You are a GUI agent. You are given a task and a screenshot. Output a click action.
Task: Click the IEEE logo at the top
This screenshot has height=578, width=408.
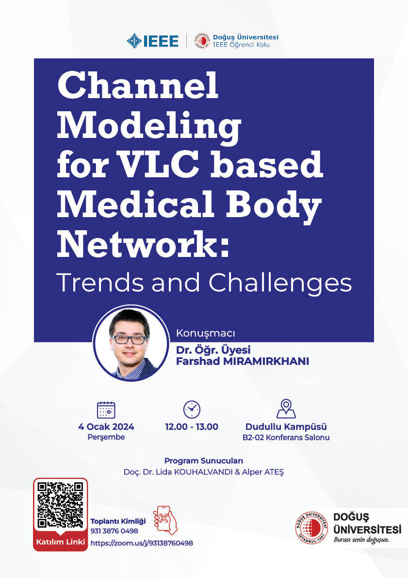click(x=153, y=41)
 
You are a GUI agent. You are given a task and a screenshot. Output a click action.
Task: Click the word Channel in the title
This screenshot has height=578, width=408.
click(x=138, y=86)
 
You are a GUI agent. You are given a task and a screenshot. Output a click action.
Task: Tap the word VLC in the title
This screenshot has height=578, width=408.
click(x=194, y=165)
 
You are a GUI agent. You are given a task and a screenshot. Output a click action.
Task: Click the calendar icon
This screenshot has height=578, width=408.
click(x=106, y=410)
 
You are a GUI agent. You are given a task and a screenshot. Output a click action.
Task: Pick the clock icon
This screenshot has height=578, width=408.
click(x=192, y=409)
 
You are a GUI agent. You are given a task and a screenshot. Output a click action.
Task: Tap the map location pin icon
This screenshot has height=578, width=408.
click(x=286, y=409)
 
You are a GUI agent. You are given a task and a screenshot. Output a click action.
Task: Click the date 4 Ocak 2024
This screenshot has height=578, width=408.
click(x=106, y=427)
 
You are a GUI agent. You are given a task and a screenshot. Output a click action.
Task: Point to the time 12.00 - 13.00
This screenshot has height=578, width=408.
click(x=192, y=427)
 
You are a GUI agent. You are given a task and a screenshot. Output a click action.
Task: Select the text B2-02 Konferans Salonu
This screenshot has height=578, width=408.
click(x=286, y=438)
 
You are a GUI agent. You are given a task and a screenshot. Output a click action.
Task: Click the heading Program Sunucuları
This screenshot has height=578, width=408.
click(x=204, y=461)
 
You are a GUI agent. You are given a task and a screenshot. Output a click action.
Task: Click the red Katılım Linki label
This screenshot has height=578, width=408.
click(x=61, y=542)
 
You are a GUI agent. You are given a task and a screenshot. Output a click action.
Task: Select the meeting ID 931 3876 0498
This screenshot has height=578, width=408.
click(x=114, y=531)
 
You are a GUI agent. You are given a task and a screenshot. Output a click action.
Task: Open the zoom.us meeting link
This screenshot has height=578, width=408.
click(x=142, y=543)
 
